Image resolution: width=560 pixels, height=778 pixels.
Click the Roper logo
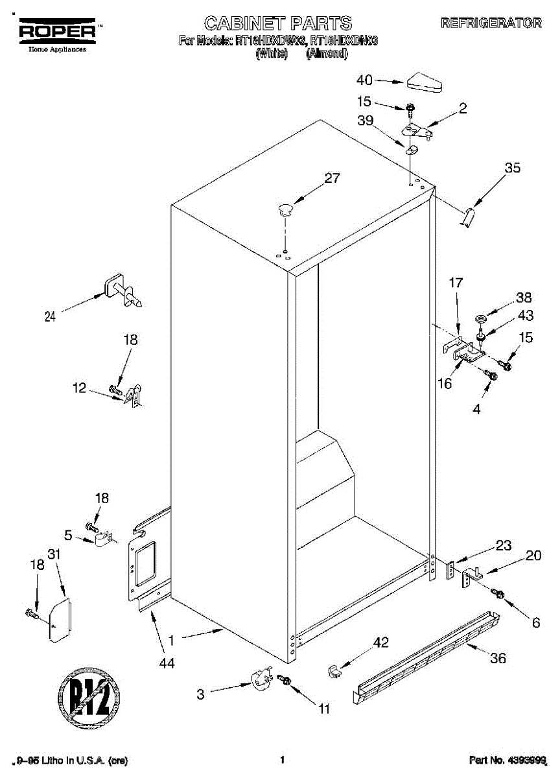pyautogui.click(x=57, y=30)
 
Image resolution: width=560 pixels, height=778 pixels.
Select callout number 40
pyautogui.click(x=365, y=80)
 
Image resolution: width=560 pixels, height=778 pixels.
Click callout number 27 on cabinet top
pyautogui.click(x=332, y=180)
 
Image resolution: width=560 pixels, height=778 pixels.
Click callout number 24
pyautogui.click(x=50, y=316)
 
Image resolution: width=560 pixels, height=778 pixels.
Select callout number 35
pyautogui.click(x=512, y=169)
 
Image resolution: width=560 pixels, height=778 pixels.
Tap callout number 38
pyautogui.click(x=524, y=298)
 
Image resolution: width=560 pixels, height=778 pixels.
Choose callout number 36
pyautogui.click(x=498, y=659)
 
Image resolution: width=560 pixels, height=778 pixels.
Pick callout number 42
pyautogui.click(x=380, y=642)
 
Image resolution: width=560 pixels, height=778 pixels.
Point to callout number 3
pyautogui.click(x=201, y=695)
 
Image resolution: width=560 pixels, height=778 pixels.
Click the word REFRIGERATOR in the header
pyautogui.click(x=491, y=23)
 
